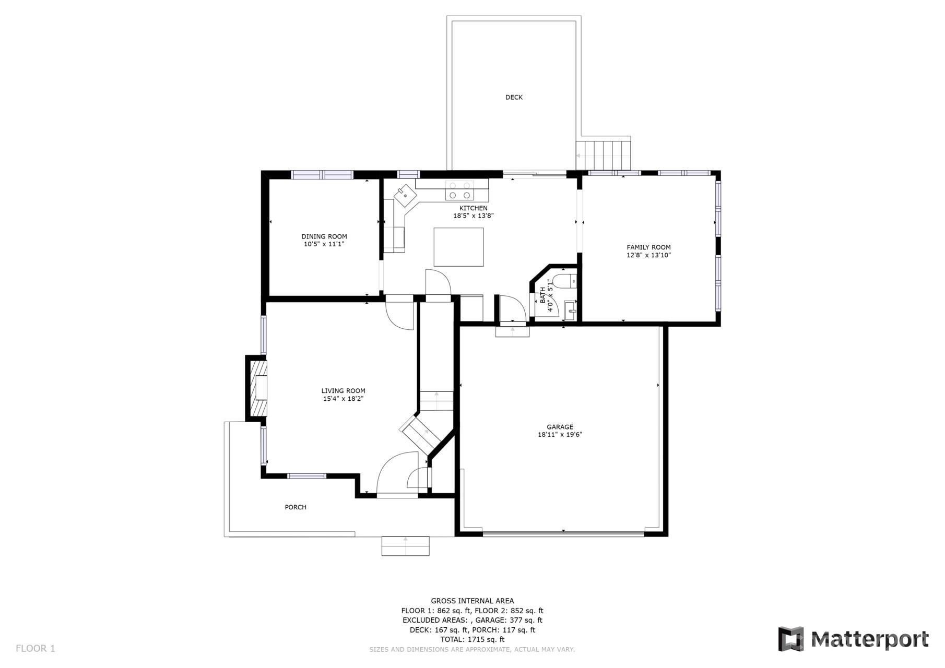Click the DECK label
[514, 97]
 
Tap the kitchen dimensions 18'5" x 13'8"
[473, 216]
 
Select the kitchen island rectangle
[458, 247]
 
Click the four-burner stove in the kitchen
[459, 190]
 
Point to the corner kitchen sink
[406, 196]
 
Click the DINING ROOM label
[324, 236]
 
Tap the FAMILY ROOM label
[648, 247]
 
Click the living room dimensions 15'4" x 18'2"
[343, 399]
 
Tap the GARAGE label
[560, 427]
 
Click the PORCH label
[296, 507]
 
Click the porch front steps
[405, 546]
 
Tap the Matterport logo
[853, 639]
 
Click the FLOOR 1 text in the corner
[35, 649]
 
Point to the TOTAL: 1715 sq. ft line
[472, 639]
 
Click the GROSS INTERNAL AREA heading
[472, 601]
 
